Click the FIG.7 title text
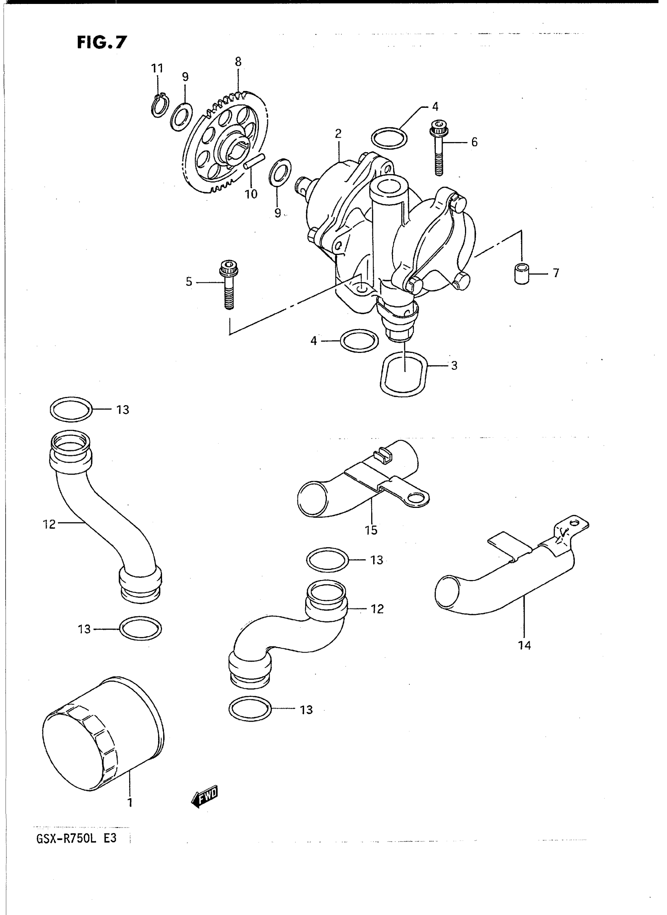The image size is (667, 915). tap(102, 42)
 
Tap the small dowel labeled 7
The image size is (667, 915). tap(522, 274)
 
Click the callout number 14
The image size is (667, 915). tap(525, 646)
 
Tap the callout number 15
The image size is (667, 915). tap(371, 530)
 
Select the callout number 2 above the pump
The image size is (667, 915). tap(338, 134)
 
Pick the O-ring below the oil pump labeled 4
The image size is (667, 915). tap(359, 341)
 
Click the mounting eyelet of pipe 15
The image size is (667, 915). tap(416, 499)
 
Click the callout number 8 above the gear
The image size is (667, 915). tap(238, 62)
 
